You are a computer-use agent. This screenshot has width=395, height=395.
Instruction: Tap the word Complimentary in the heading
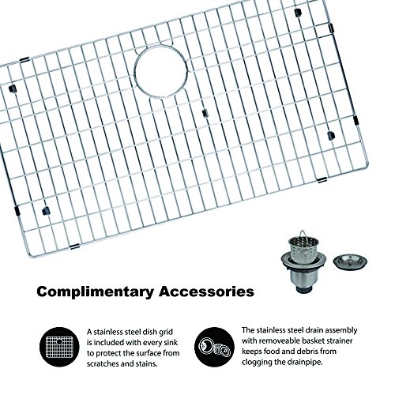click(x=95, y=292)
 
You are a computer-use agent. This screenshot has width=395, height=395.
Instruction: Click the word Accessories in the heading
click(x=206, y=292)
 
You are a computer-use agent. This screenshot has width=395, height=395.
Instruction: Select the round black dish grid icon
click(x=59, y=347)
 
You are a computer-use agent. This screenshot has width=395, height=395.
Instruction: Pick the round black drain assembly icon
click(x=214, y=347)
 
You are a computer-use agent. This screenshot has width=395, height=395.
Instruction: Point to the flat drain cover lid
click(x=350, y=261)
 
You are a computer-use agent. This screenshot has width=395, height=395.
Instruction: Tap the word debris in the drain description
click(x=307, y=352)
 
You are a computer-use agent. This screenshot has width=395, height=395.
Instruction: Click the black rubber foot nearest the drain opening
click(x=205, y=113)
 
